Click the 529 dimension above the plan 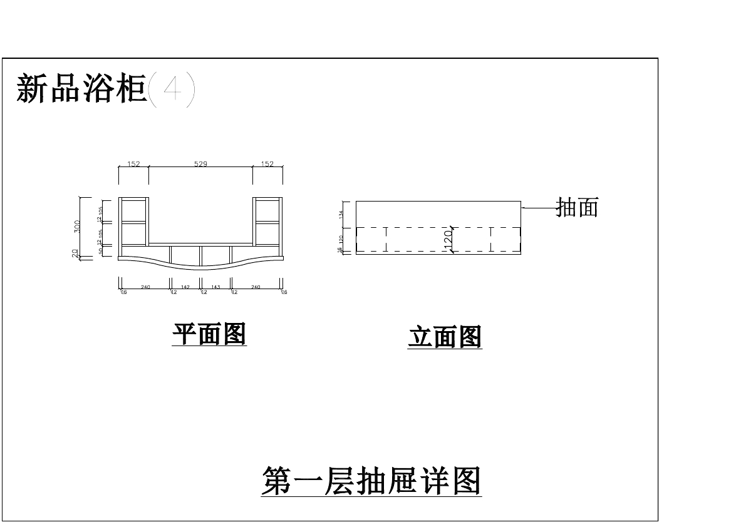coord(200,164)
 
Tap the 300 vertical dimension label coord(76,226)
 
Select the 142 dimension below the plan coord(185,287)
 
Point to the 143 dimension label coord(215,287)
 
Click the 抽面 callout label coord(578,207)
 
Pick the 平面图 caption coord(209,335)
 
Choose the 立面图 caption coord(445,337)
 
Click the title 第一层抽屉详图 coord(371,481)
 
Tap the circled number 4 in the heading coord(172,90)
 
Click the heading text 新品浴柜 coord(81,88)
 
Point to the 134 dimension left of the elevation coord(342,214)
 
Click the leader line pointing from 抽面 coord(539,207)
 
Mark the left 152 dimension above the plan coord(133,164)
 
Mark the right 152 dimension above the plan coord(267,164)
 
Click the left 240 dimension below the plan coord(145,287)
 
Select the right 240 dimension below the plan coord(256,287)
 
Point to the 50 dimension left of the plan coord(100,251)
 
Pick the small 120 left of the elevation coord(342,239)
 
